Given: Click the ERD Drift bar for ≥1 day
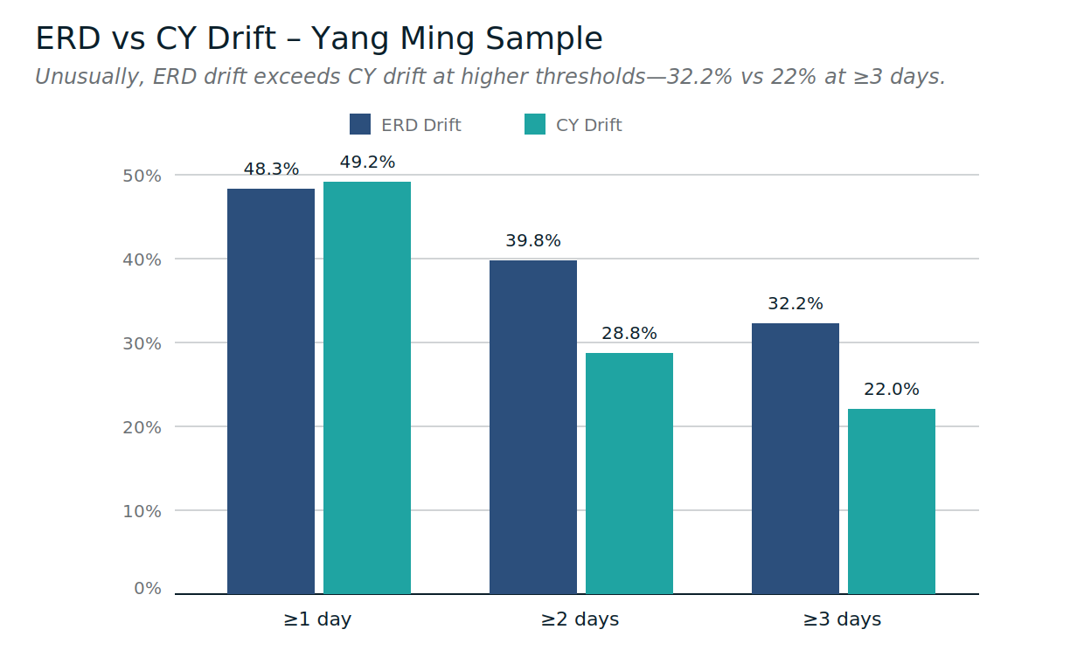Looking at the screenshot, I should pos(271,391).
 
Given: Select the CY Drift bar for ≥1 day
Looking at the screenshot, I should pos(367,388).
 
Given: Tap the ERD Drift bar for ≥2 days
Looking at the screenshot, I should pos(533,427).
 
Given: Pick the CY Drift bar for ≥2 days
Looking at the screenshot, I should pos(629,474).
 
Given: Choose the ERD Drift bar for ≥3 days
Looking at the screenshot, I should pos(796,459).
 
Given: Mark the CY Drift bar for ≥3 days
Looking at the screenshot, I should pos(892,501).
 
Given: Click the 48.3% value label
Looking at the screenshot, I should pos(271,169).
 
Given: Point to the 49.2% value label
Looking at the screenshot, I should pos(367,163).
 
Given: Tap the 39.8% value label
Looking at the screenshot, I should pos(533,241).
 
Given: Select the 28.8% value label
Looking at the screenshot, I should pos(629,334).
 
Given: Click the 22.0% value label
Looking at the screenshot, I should pos(892,390).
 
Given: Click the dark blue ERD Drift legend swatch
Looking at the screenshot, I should pos(360,125).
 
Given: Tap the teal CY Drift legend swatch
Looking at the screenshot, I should pos(535,125).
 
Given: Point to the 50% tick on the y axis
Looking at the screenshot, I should pos(142,176).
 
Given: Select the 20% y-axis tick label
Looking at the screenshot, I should pos(142,427).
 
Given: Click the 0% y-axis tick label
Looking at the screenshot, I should pos(147,589).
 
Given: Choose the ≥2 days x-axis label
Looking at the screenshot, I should pos(580,619).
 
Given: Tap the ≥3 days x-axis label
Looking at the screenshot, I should pos(842,619).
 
